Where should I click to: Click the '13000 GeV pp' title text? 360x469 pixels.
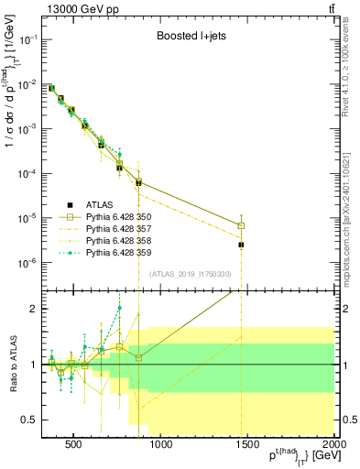point(81,8)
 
